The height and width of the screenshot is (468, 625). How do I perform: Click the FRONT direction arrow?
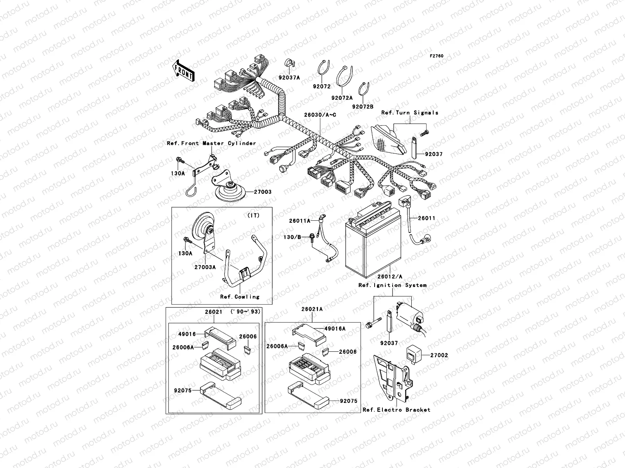click(x=183, y=70)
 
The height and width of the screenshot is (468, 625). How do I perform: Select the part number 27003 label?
click(x=262, y=192)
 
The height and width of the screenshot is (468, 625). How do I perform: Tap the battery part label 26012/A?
click(x=389, y=277)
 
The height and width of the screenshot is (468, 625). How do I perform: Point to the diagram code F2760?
click(x=437, y=56)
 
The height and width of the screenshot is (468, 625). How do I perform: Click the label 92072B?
click(x=362, y=106)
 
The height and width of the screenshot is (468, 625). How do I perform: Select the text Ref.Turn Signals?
click(x=410, y=113)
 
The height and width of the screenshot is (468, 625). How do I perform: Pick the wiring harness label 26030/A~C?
click(x=320, y=115)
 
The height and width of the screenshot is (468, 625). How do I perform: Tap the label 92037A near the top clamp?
click(x=289, y=78)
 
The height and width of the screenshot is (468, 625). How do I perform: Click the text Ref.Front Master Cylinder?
click(x=211, y=143)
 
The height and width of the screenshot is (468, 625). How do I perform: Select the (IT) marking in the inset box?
click(x=253, y=215)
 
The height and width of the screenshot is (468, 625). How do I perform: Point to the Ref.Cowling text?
click(x=239, y=297)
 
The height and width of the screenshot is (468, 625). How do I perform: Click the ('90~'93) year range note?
click(x=245, y=312)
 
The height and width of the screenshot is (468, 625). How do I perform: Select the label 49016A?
click(x=335, y=328)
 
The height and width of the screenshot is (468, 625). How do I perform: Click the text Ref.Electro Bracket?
click(x=396, y=410)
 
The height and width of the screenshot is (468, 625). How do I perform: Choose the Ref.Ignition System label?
click(x=392, y=285)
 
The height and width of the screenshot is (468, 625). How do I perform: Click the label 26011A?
click(x=300, y=221)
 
